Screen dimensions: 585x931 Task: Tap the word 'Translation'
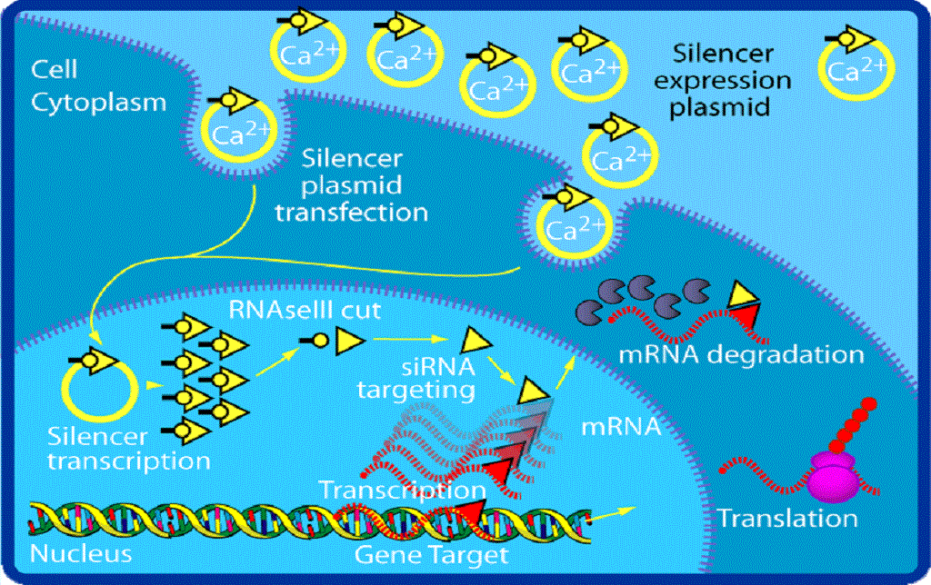[787, 519]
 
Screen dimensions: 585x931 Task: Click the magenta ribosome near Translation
[834, 474]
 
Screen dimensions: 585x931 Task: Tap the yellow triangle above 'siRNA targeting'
[474, 341]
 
